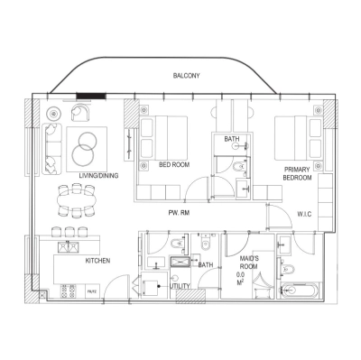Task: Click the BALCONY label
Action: tap(186, 76)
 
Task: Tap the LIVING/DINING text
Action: tap(99, 176)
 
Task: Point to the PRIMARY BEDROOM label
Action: tap(297, 174)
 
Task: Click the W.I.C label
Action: tap(304, 214)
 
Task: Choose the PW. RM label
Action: tap(178, 213)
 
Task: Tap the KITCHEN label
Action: tap(97, 261)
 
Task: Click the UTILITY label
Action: tap(180, 286)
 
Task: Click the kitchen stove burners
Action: tap(65, 290)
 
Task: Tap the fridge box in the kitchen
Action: tap(92, 291)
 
